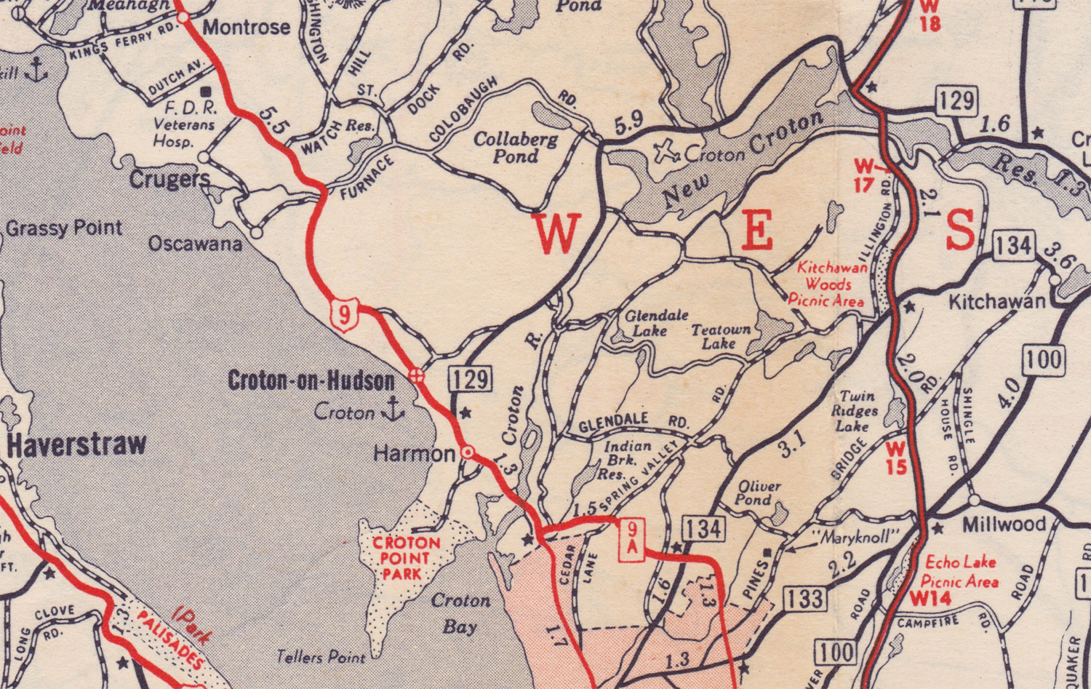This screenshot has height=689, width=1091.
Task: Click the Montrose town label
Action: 246,28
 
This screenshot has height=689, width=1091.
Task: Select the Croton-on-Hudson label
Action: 311,380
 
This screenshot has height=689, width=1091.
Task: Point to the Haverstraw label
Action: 76,445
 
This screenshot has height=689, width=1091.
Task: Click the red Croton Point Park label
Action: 406,558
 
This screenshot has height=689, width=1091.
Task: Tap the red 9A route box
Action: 631,539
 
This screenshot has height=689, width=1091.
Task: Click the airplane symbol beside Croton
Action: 666,152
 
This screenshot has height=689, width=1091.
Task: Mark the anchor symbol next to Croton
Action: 393,410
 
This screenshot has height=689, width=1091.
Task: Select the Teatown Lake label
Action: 720,335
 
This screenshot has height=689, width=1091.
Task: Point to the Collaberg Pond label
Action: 516,147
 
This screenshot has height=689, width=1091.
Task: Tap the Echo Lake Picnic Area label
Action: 959,571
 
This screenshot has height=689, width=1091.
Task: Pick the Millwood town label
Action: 1004,524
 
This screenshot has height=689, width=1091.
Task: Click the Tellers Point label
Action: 321,657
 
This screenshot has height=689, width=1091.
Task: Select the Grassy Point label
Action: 64,228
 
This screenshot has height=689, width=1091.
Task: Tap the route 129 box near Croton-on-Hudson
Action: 471,379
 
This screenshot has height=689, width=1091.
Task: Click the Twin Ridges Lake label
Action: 857,411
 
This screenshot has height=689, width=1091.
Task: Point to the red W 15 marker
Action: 896,457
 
